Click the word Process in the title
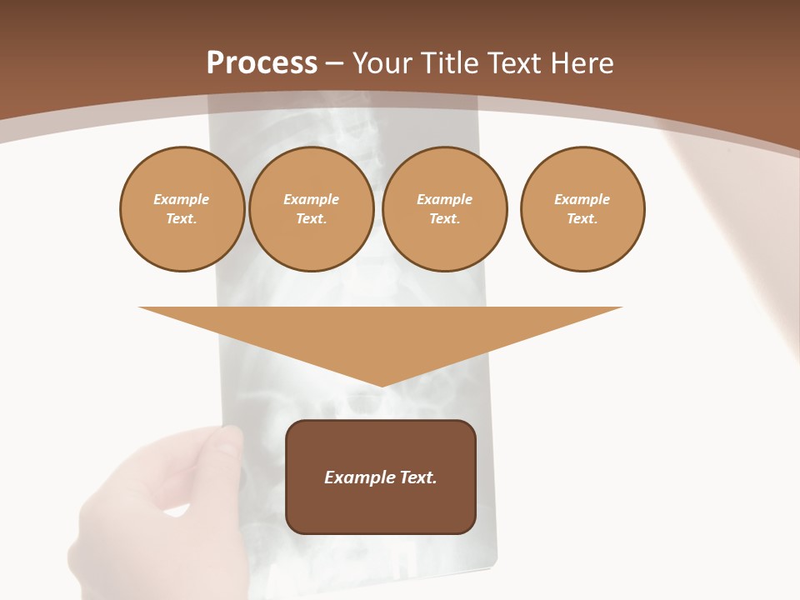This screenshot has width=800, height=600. point(262,63)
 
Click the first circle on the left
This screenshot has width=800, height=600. point(182,209)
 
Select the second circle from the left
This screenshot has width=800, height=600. point(311,209)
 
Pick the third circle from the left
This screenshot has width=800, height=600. point(444,209)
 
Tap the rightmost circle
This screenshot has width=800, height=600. point(582,209)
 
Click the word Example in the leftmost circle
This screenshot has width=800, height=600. point(182,199)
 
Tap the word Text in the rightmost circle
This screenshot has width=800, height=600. point(582,219)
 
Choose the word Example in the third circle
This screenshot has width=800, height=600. point(444,199)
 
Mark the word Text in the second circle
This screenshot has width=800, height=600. point(311,219)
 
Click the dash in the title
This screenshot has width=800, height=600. point(334,63)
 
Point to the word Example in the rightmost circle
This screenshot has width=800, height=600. point(582,199)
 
